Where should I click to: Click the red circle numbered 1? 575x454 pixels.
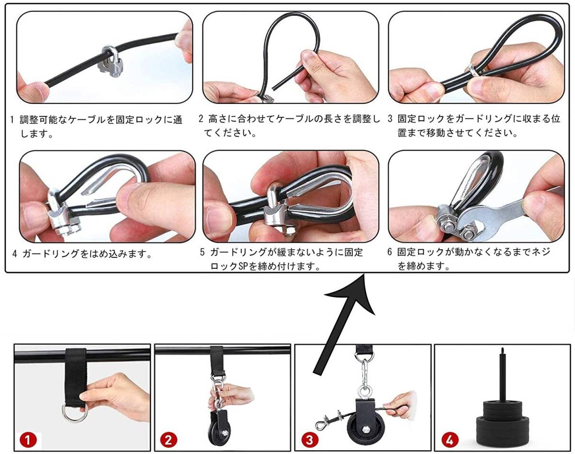pos(28,440)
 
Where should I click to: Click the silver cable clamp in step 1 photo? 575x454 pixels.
pos(111,62)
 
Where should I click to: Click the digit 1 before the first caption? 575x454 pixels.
pos(12,120)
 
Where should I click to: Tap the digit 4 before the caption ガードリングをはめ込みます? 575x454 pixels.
pos(15,254)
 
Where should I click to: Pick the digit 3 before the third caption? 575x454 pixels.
pos(390,119)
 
